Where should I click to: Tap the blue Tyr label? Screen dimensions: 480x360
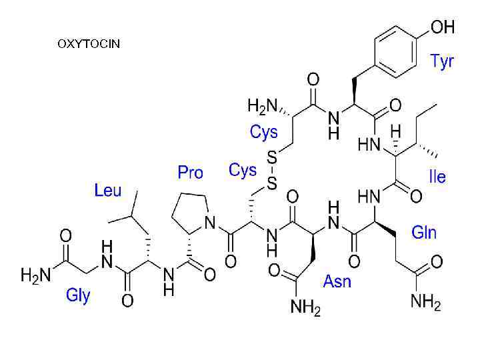[441, 62]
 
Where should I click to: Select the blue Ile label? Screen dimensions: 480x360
[437, 177]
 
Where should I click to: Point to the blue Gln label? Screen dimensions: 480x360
[424, 232]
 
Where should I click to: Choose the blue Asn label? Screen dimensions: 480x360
[337, 281]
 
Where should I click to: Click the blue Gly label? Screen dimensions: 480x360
[78, 295]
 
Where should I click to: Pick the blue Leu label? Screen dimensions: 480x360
[108, 191]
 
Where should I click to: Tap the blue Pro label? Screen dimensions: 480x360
[190, 173]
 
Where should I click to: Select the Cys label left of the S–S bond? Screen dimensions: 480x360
[243, 171]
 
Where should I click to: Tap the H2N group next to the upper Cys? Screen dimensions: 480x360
[262, 105]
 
